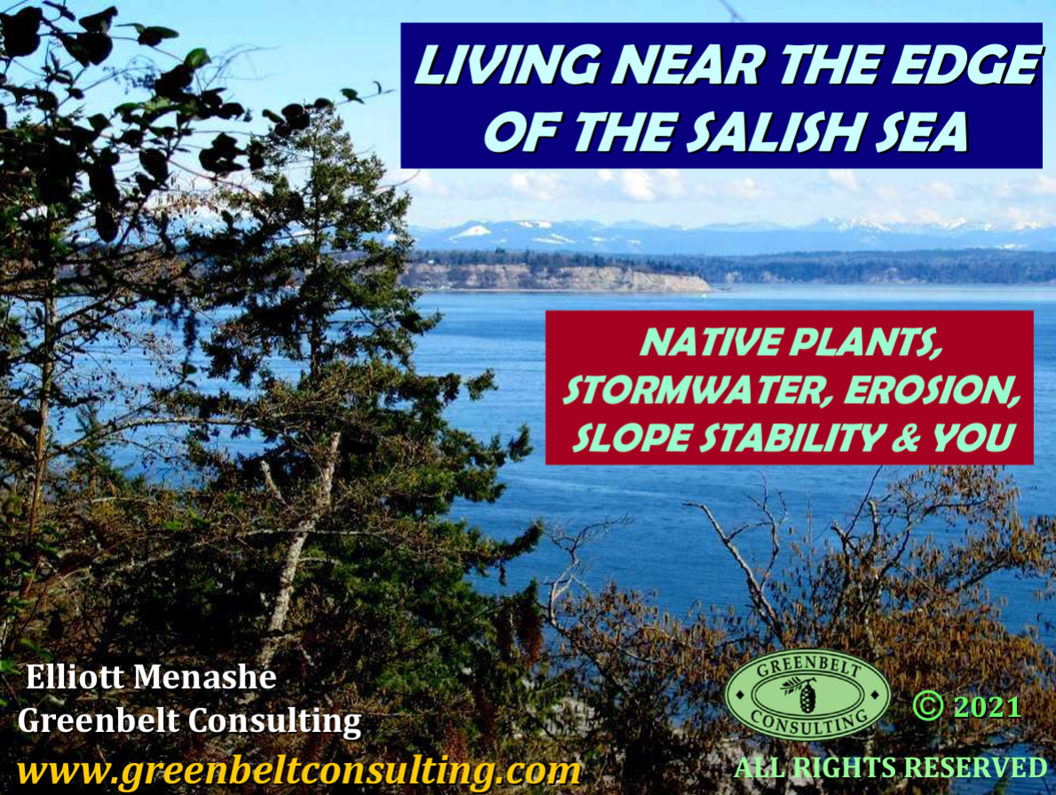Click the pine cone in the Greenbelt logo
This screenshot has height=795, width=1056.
806,696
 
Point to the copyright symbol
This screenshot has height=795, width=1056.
928,706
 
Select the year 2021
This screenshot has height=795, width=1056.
988,707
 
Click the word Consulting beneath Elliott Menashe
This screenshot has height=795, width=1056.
274,721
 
